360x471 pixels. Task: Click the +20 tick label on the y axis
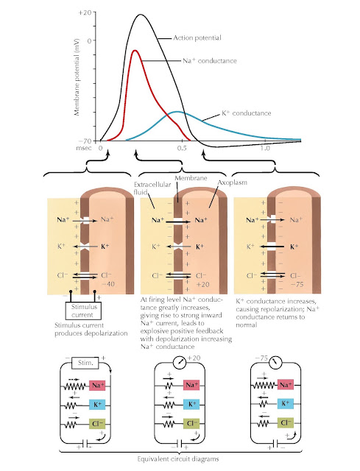85,13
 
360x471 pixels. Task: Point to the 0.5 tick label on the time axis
182,149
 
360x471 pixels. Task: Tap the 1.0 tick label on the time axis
265,149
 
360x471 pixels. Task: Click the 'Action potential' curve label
197,38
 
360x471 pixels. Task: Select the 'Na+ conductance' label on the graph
210,60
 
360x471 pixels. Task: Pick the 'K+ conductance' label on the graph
247,113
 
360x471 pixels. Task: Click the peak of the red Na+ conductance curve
135,51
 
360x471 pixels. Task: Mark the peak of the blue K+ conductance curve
177,112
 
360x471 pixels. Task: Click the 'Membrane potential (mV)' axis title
77,77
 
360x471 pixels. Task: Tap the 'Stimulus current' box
83,311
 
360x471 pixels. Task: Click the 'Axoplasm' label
233,183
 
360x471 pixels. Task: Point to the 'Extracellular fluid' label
152,188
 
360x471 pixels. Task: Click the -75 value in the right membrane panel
297,284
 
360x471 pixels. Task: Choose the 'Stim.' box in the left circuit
85,363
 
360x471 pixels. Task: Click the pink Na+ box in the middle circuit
191,385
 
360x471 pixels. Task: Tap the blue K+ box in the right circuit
285,403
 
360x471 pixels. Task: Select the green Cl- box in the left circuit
97,424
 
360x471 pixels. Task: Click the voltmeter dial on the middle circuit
180,363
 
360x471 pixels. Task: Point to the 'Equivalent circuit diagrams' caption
178,459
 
